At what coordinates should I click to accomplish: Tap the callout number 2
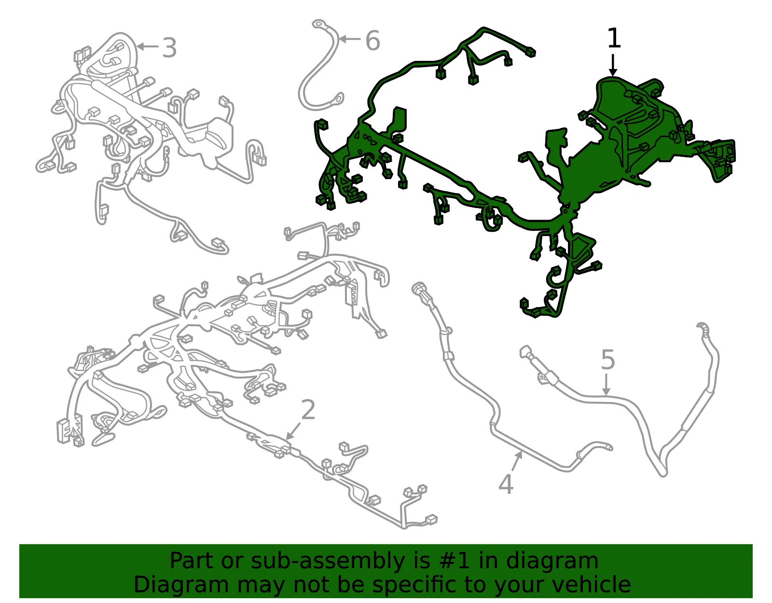coord(308,409)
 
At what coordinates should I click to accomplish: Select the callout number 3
coord(169,48)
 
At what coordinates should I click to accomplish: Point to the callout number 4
coord(506,484)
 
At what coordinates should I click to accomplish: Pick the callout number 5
coord(608,360)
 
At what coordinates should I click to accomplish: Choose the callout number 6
coord(372,40)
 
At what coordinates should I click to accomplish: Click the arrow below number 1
coord(613,65)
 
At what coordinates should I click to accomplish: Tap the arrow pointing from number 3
coord(148,46)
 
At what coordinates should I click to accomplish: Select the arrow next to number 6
coord(350,38)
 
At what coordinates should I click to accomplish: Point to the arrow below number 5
coord(606,384)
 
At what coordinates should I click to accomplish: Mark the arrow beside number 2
coord(294,430)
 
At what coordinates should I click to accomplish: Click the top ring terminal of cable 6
coord(319,24)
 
